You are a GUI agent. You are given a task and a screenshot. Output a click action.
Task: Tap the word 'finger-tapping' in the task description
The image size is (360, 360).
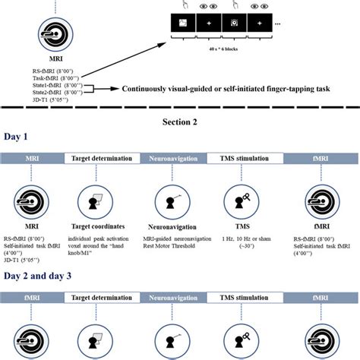282,88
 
